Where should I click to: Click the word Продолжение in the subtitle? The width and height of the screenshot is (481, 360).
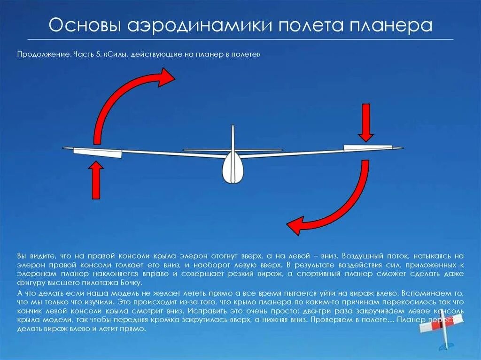coord(44,54)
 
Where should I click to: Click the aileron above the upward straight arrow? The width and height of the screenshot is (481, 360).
coord(98,152)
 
